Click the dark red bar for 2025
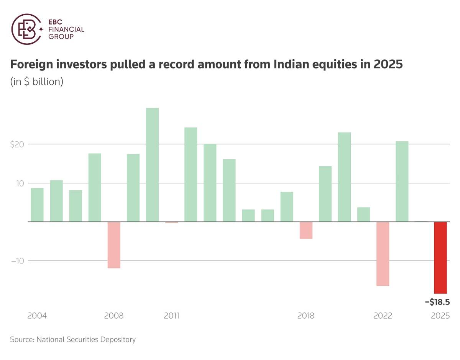click(440, 257)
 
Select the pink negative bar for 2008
click(114, 245)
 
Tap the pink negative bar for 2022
click(383, 254)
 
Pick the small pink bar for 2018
click(306, 230)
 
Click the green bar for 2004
click(37, 205)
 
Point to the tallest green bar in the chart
click(152, 165)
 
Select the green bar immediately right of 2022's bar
click(402, 182)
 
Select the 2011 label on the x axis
click(172, 316)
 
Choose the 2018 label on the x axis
click(306, 316)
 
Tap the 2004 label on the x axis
click(37, 316)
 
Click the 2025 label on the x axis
click(440, 316)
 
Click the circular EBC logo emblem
click(26, 29)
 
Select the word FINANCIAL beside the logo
click(66, 29)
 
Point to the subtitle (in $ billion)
click(37, 82)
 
